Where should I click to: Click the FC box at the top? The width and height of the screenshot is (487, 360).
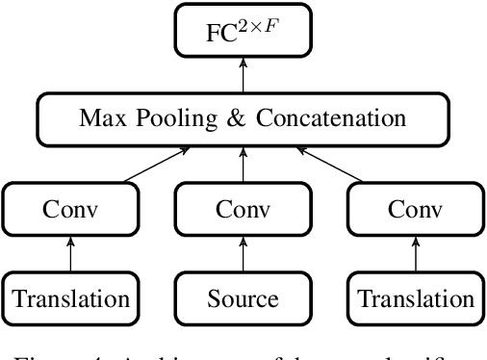243,30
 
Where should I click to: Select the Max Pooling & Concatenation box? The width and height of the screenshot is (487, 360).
243,119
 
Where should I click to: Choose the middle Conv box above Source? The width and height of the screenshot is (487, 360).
243,209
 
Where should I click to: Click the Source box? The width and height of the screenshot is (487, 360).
243,298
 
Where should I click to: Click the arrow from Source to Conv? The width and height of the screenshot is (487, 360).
243,254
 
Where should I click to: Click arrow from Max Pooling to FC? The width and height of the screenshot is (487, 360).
243,75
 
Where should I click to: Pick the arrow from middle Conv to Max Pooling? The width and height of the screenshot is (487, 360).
243,165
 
